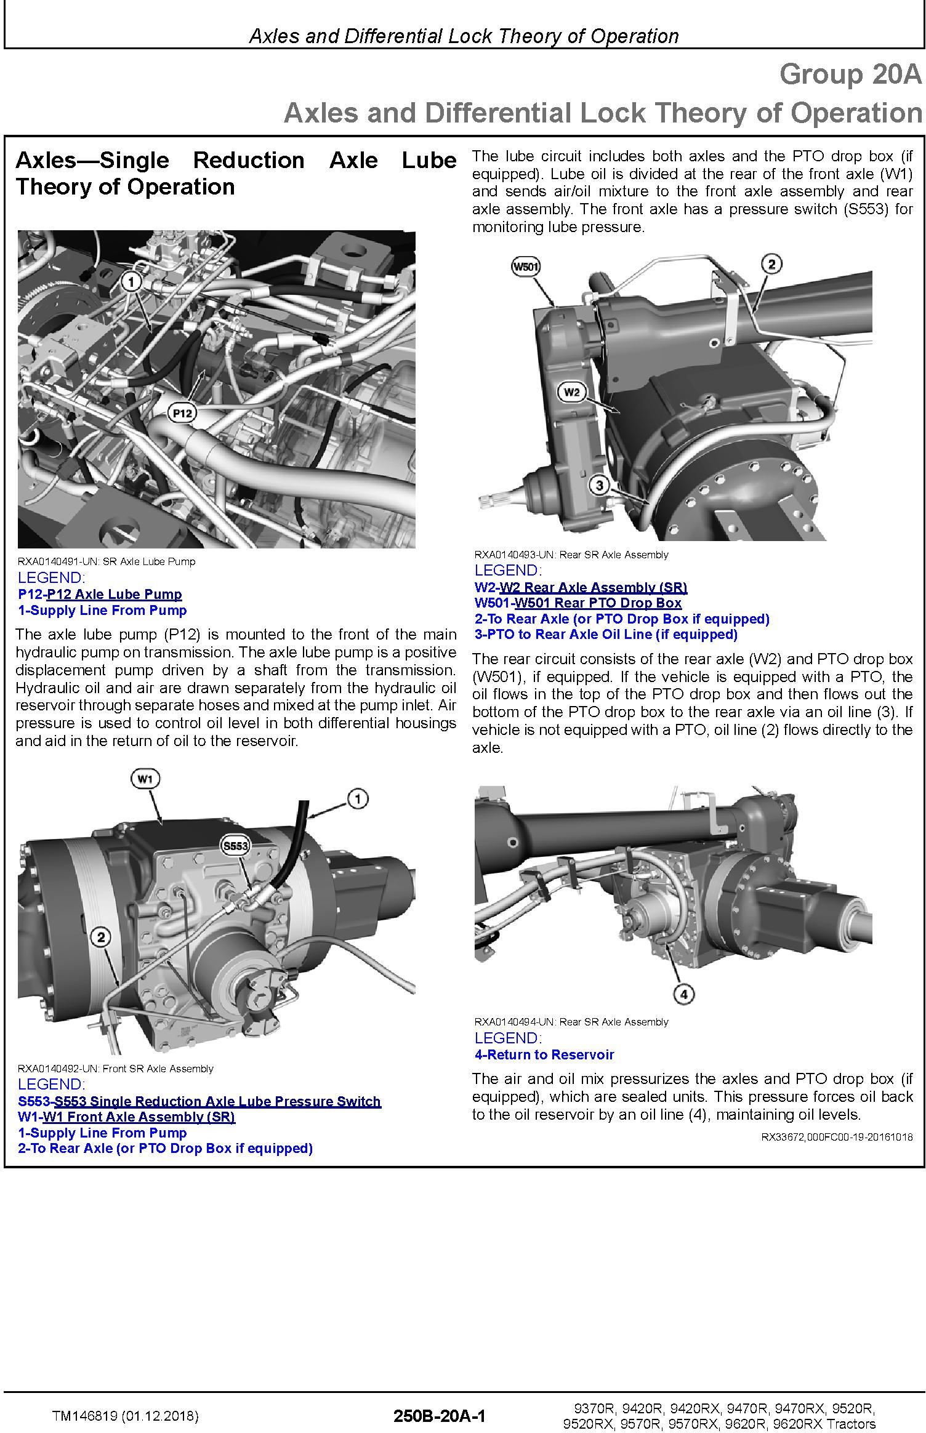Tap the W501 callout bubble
coord(526,267)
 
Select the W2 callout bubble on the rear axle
coord(572,392)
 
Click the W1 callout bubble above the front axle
coord(145,779)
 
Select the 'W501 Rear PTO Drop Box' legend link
coord(598,603)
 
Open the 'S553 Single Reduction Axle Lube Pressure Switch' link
coord(217,1101)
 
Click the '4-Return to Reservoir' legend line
coord(544,1054)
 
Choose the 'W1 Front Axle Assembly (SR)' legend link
coord(139,1117)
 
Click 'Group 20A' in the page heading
coord(851,74)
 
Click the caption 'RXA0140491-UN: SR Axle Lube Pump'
coord(107,561)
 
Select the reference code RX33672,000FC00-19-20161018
coord(837,1137)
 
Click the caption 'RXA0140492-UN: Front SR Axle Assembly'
coord(116,1069)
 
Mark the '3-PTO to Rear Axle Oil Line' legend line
coord(606,634)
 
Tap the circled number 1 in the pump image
coord(131,283)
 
